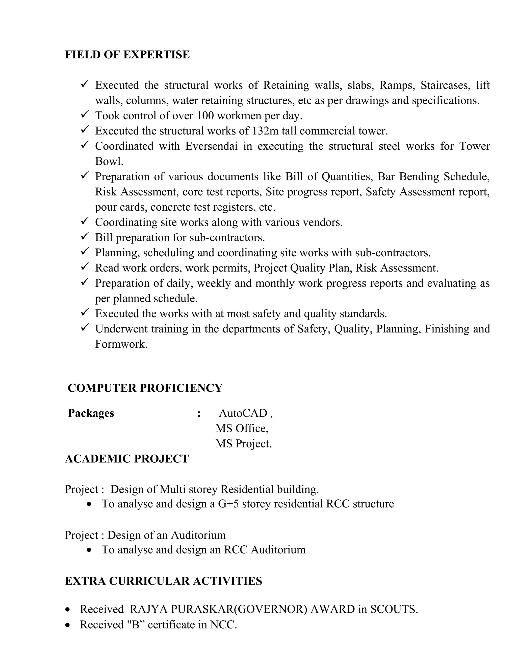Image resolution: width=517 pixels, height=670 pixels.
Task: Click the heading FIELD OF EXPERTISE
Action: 127,55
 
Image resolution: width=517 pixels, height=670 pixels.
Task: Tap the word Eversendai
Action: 211,146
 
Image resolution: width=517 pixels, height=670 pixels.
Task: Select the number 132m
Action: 266,131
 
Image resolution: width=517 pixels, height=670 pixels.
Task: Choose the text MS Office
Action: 242,428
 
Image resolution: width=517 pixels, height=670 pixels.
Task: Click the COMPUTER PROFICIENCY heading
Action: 145,388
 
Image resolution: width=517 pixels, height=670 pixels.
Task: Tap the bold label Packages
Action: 91,413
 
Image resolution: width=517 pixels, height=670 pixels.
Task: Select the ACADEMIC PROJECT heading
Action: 127,459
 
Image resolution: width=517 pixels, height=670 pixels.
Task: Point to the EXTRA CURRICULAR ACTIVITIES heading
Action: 164,581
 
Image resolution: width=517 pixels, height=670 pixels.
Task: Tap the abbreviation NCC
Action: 223,624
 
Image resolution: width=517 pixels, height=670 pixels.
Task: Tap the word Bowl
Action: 109,161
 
